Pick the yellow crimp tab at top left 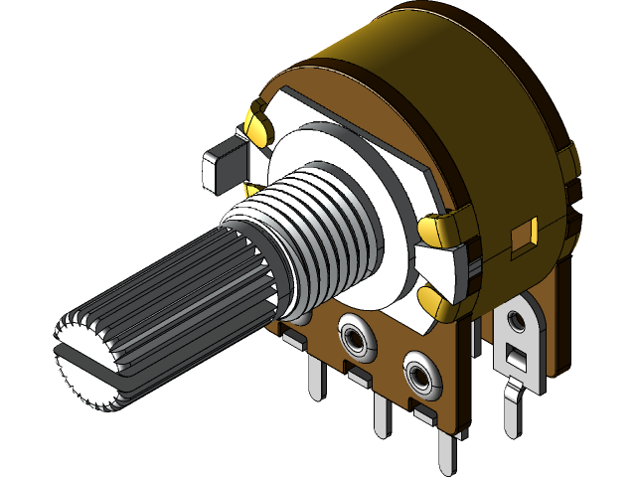256,125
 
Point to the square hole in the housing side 522,236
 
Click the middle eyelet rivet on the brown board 356,338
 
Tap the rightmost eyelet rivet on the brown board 421,377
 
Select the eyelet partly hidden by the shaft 302,317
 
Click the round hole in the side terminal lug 517,321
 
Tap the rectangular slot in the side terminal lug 516,355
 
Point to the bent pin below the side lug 516,407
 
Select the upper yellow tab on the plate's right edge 438,229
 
